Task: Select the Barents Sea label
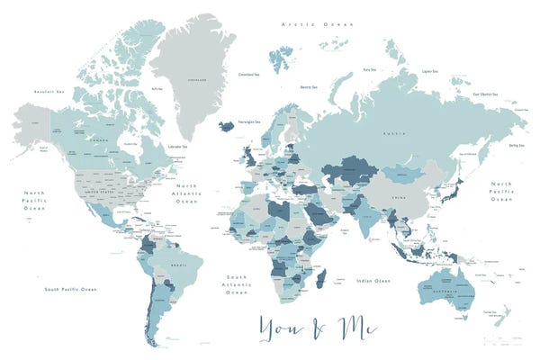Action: click(308, 87)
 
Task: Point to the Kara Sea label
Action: click(369, 68)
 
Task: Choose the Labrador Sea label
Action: click(177, 146)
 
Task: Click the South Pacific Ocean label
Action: click(70, 289)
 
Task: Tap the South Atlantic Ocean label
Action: click(237, 284)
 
